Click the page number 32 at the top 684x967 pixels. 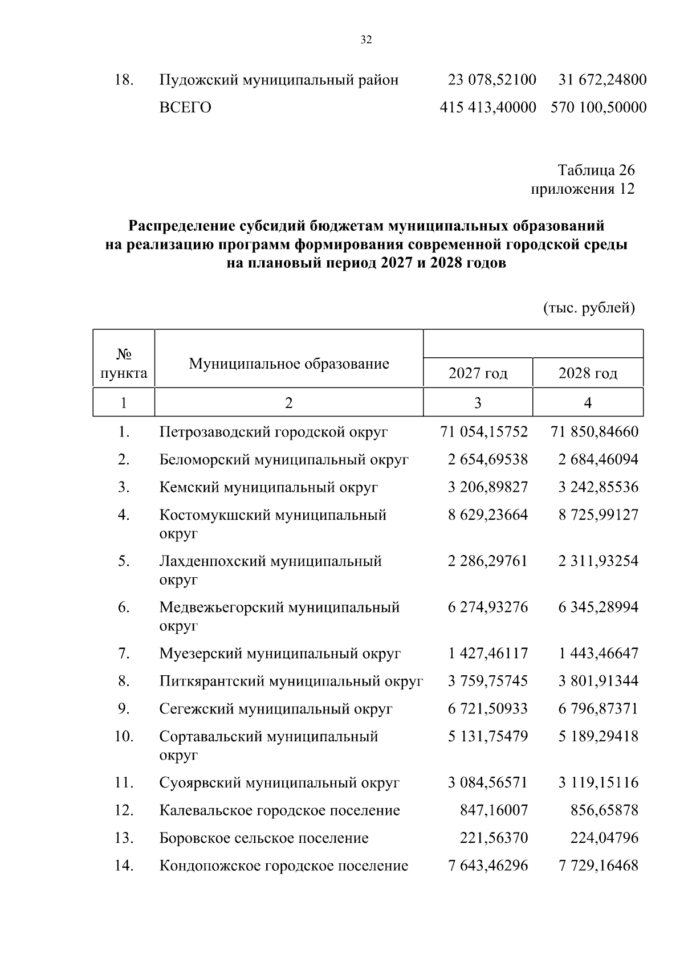pos(366,40)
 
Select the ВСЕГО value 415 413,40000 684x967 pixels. pos(488,108)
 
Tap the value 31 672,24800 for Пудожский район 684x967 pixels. pos(602,80)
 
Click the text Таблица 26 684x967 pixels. pos(596,170)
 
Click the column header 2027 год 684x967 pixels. pos(478,374)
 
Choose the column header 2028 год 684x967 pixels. pos(588,374)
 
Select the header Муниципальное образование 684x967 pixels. pos(289,364)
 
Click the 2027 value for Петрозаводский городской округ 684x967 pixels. pos(484,432)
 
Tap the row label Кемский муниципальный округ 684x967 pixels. pos(268,488)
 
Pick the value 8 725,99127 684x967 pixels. pos(598,515)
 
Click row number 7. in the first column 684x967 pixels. pos(124,654)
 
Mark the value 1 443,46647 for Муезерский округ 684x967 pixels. pos(598,654)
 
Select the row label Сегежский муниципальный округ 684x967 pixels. pos(276,709)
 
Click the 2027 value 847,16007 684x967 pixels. pos(494,810)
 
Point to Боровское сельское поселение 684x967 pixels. pos(264,838)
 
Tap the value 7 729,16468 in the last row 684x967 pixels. pos(598,866)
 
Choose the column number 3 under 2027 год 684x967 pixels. pos(478,403)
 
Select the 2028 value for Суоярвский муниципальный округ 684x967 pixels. pos(598,783)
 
